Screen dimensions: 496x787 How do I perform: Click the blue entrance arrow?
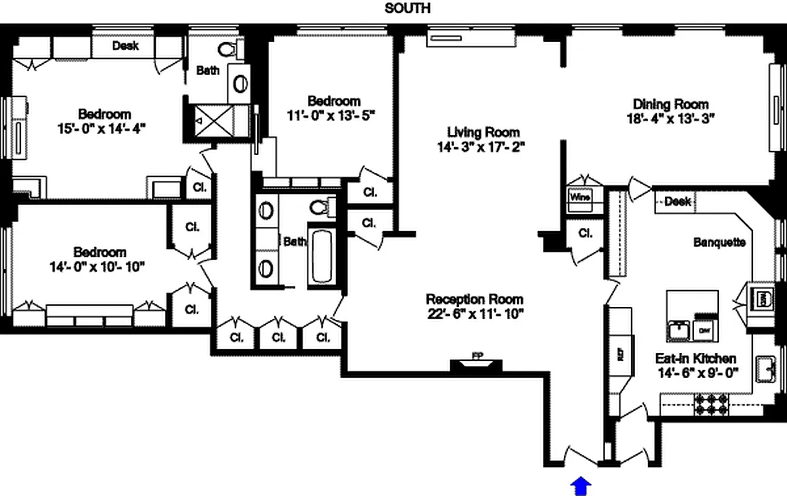click(x=581, y=486)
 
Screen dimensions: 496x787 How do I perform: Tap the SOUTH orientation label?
click(x=407, y=8)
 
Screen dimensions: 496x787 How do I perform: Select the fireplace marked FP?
click(x=477, y=364)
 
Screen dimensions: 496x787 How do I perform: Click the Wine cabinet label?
click(x=580, y=197)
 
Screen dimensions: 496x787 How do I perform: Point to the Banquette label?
click(x=719, y=242)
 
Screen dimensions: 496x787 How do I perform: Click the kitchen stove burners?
click(x=711, y=404)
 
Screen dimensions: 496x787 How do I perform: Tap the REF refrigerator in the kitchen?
click(x=620, y=353)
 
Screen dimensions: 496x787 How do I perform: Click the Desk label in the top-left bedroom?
click(x=125, y=46)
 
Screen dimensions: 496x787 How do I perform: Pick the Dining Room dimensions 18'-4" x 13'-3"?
click(x=670, y=119)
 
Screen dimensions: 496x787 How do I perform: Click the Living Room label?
click(x=483, y=132)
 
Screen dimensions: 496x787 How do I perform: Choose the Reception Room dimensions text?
click(x=475, y=313)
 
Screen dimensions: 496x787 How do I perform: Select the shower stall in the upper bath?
click(x=213, y=118)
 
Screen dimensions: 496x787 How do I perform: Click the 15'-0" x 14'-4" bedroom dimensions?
click(x=104, y=128)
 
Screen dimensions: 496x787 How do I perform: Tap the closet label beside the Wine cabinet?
click(x=585, y=234)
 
